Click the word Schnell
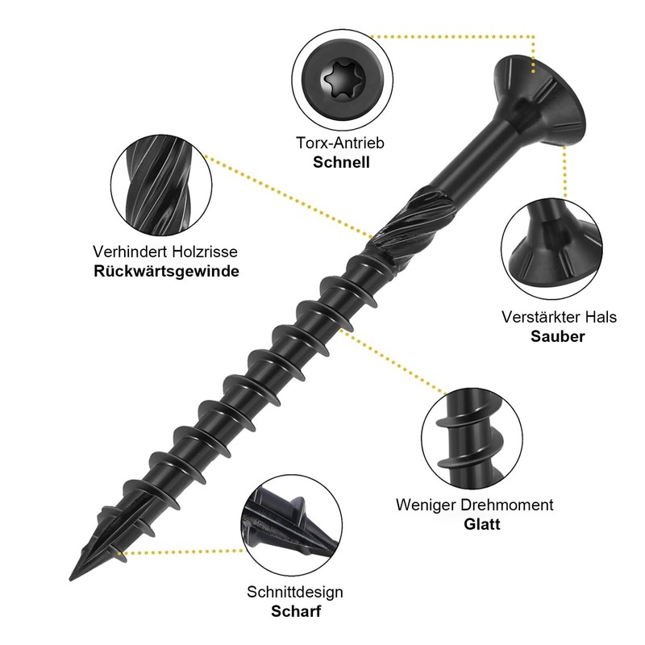click(340, 162)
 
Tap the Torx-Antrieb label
click(340, 144)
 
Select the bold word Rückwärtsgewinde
click(166, 271)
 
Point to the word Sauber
click(558, 336)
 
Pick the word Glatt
click(482, 524)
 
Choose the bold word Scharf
click(295, 611)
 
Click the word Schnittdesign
click(295, 592)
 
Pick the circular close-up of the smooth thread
click(469, 441)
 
